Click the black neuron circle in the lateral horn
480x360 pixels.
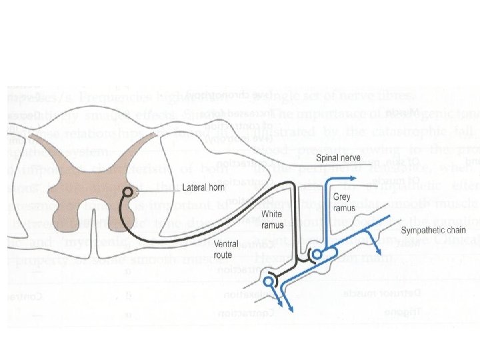tap(127, 194)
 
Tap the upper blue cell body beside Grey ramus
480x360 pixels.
tap(317, 254)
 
